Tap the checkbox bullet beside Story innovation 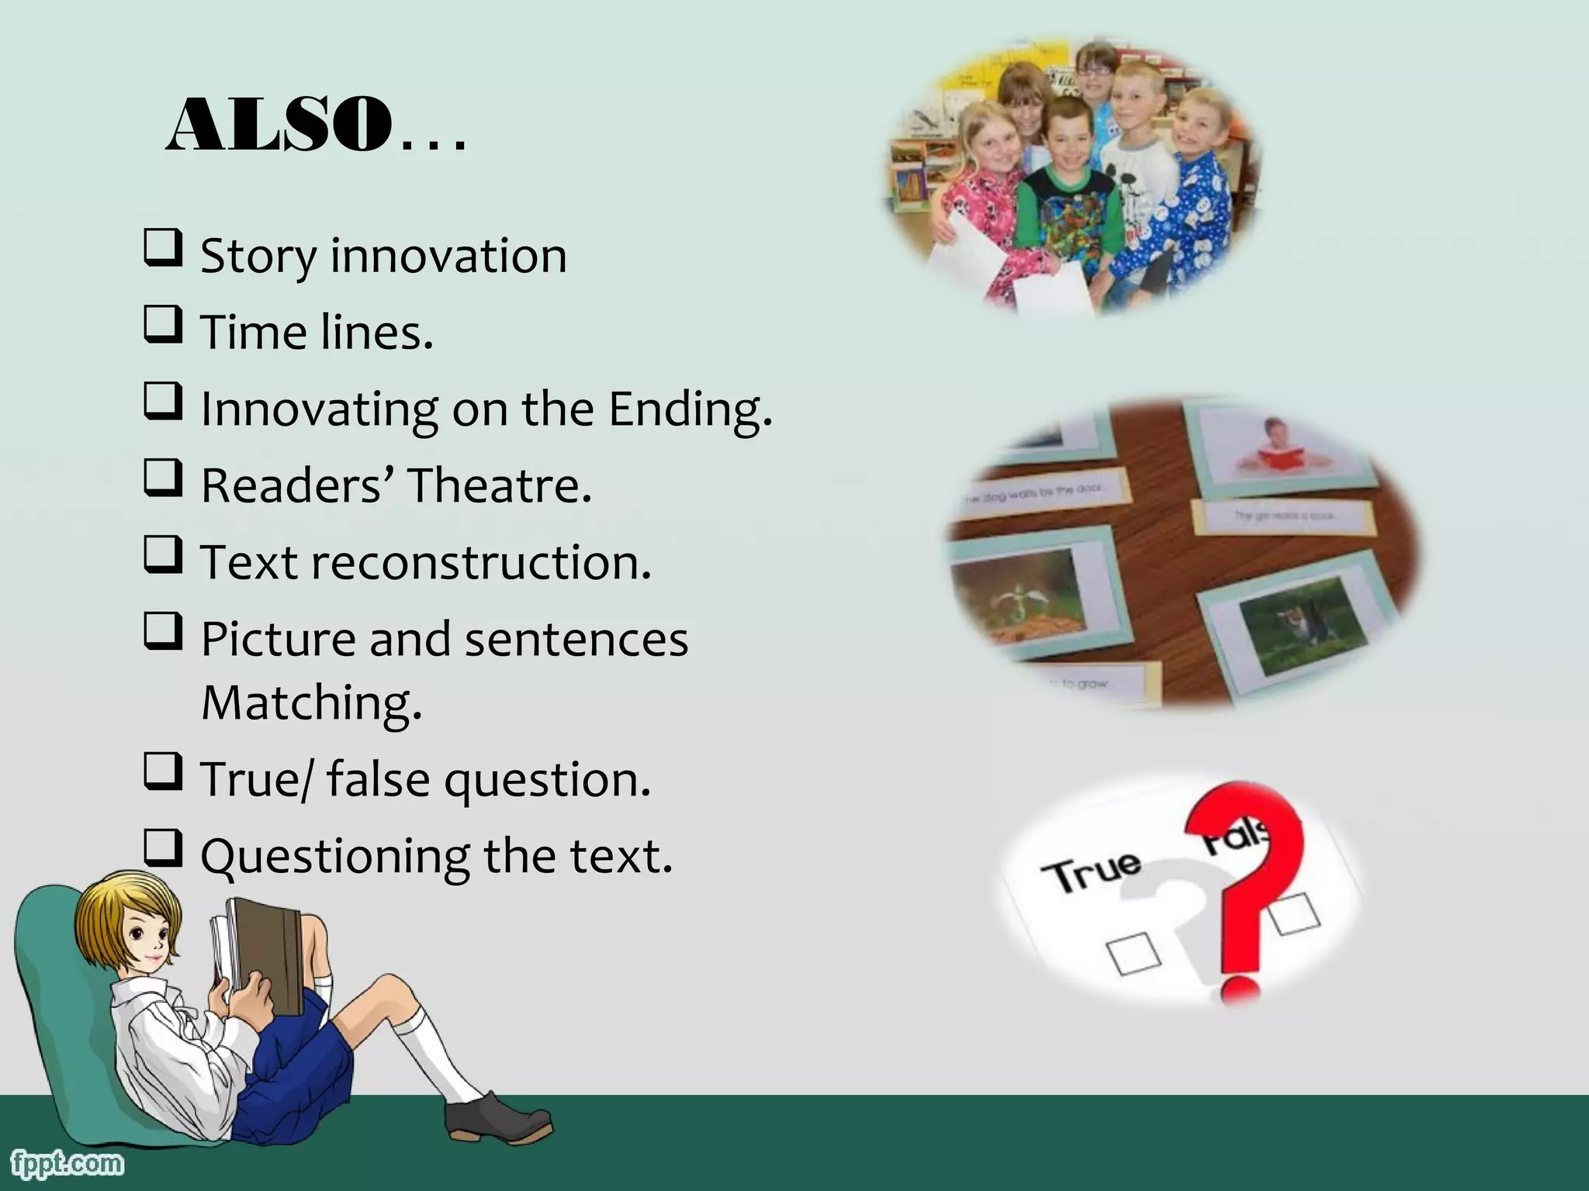(x=163, y=249)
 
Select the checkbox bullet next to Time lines (x=163, y=326)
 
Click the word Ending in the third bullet (x=689, y=409)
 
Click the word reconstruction (x=481, y=562)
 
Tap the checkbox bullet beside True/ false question (x=163, y=773)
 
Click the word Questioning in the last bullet (x=334, y=857)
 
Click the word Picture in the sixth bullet (x=277, y=640)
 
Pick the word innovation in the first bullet (x=448, y=255)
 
